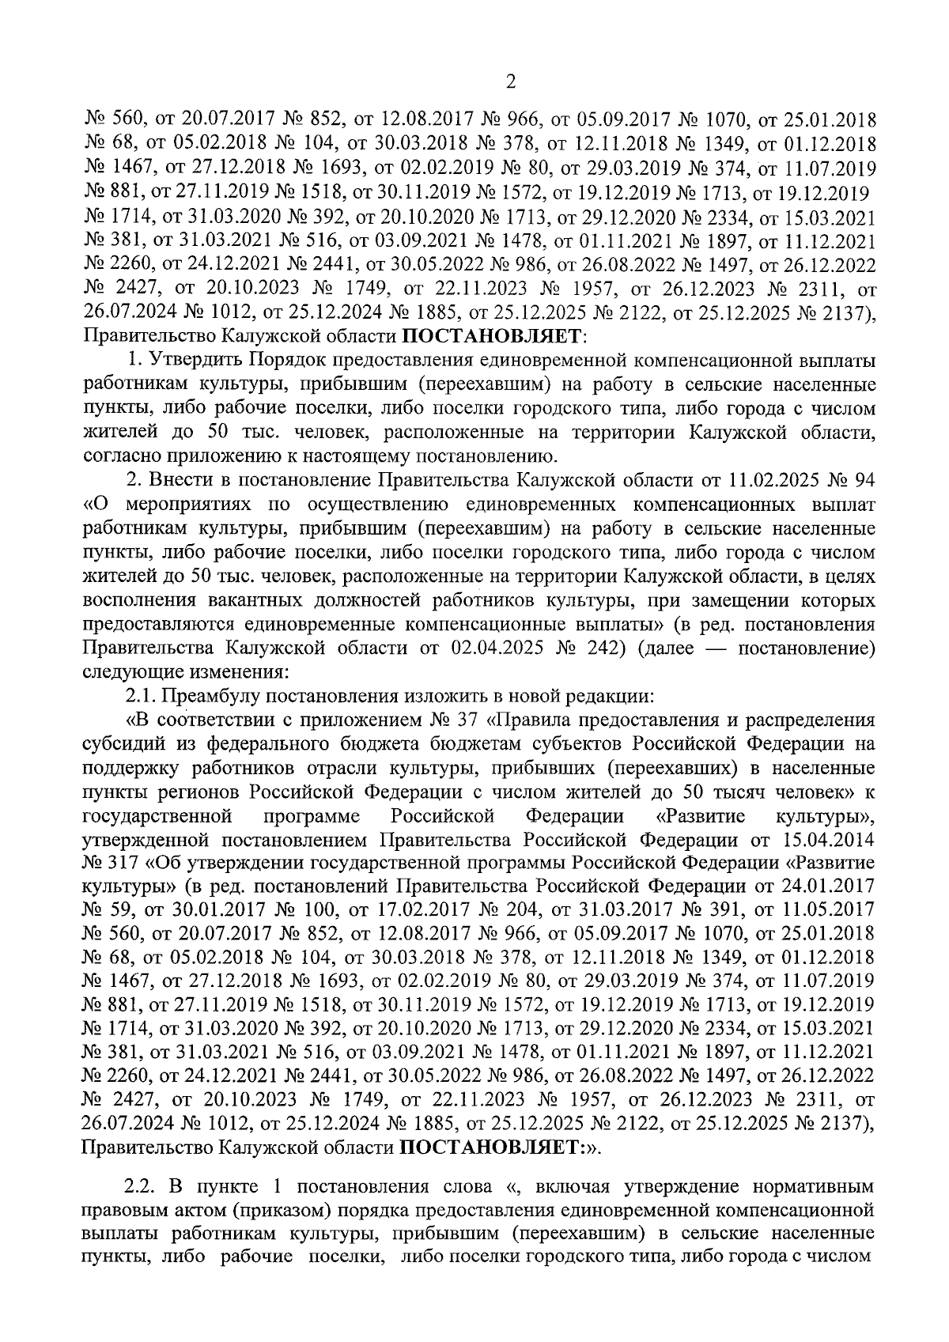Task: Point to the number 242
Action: (x=600, y=648)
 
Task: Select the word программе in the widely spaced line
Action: (x=311, y=815)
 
